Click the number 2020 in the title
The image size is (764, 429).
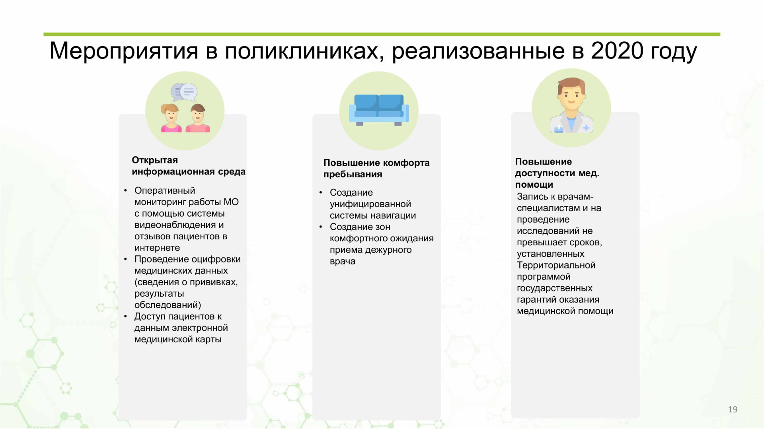[x=617, y=50]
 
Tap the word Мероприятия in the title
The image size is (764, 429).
[x=124, y=52]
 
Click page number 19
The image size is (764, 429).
[x=733, y=410]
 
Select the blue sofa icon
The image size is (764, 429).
[x=379, y=110]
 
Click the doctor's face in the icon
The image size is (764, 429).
[x=571, y=95]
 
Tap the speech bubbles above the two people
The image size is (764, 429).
[x=184, y=92]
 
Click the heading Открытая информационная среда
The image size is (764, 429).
[x=189, y=166]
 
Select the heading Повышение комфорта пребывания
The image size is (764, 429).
[x=376, y=168]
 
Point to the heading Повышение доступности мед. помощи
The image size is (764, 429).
[x=557, y=173]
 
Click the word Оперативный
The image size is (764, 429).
[x=165, y=190]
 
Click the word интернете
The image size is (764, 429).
[x=157, y=248]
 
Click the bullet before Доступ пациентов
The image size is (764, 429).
[x=125, y=317]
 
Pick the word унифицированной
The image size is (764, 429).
[x=370, y=204]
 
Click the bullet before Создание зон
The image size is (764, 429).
[x=321, y=227]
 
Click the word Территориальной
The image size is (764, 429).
[x=556, y=265]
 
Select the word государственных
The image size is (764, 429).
[x=555, y=288]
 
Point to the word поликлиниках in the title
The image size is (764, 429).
[x=302, y=52]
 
